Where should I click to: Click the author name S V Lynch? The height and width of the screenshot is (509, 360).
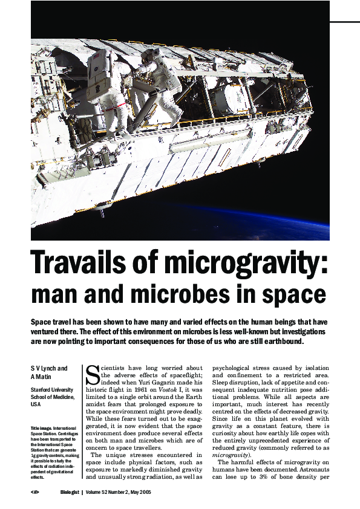point(49,368)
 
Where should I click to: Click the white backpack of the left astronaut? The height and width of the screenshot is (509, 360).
point(98,66)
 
